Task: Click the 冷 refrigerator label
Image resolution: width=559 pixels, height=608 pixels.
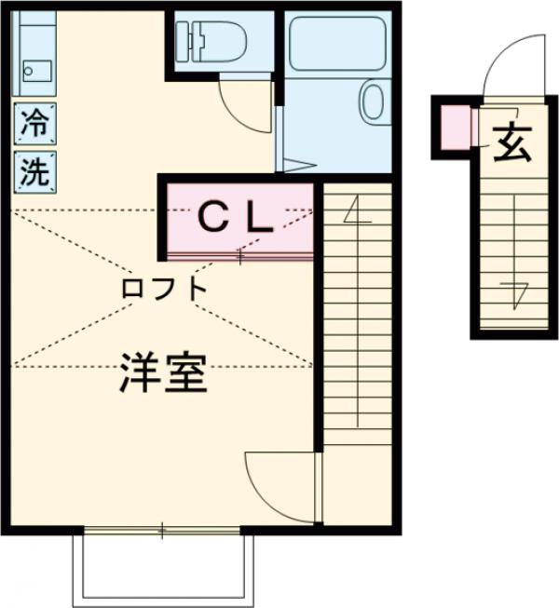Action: tap(33, 121)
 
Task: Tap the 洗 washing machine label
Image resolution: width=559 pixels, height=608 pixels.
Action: tap(33, 172)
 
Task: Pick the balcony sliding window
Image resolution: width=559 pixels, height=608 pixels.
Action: tap(163, 532)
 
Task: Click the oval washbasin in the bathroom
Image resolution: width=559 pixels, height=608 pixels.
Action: tap(373, 102)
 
